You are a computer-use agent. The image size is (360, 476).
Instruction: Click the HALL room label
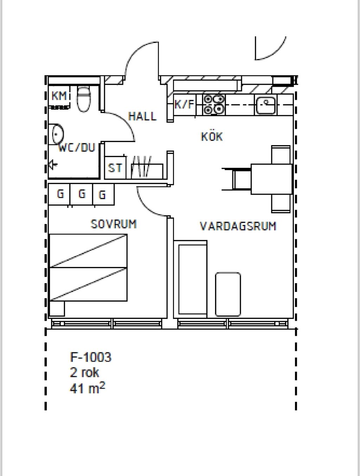142,116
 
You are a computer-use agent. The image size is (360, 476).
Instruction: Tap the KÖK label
212,137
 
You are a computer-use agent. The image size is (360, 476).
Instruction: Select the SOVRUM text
114,224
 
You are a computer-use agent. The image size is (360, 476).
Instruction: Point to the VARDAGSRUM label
238,226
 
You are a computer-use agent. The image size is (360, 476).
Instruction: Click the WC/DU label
77,148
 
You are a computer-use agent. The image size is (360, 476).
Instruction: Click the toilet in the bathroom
84,99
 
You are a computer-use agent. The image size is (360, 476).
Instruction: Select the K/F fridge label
185,104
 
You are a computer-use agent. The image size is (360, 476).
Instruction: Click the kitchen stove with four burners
214,105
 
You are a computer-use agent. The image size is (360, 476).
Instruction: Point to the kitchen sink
266,105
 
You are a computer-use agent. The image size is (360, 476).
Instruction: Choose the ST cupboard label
115,168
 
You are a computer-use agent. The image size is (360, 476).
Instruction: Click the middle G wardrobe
81,194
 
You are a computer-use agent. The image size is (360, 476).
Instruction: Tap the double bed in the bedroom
88,267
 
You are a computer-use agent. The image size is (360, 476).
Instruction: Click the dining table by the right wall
271,179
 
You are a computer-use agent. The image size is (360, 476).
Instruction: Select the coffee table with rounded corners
228,294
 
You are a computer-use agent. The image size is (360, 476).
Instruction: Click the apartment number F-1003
90,357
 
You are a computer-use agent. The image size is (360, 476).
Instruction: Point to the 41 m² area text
87,388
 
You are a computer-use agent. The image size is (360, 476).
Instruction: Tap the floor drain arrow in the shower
53,165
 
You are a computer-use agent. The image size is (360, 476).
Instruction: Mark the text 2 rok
84,372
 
